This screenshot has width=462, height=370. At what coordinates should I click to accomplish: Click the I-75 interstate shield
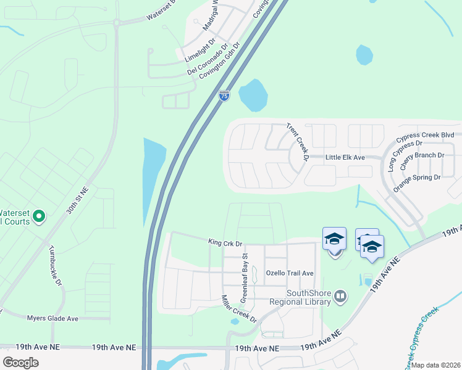tap(224, 96)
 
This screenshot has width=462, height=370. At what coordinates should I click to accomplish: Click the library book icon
tap(339, 297)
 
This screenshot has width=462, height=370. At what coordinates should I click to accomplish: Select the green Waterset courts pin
tap(38, 216)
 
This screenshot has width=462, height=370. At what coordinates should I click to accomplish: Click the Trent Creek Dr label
tap(297, 142)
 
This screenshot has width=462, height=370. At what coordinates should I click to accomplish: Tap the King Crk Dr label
tap(226, 244)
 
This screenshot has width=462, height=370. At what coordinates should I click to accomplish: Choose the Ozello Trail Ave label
tap(290, 273)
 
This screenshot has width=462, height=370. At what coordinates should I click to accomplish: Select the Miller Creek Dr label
tap(238, 309)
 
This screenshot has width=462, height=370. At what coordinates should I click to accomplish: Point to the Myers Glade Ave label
tap(52, 318)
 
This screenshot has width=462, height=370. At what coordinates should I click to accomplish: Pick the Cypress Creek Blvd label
tap(426, 135)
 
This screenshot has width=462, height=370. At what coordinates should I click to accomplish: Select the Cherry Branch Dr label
tap(422, 156)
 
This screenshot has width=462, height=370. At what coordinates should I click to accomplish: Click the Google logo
tap(20, 362)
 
